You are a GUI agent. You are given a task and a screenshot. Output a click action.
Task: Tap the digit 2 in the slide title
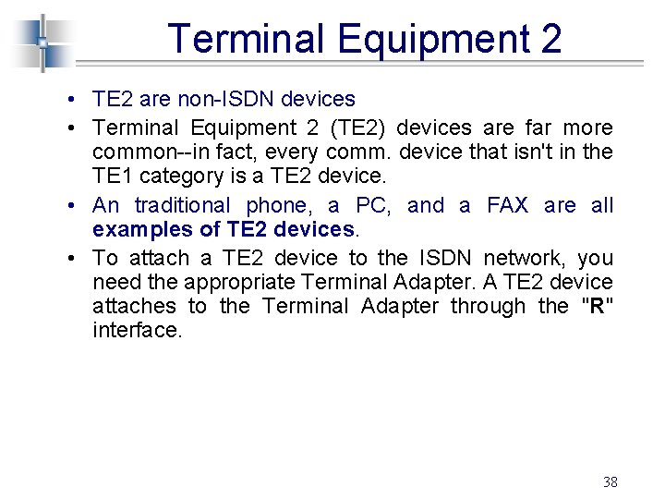[x=551, y=40]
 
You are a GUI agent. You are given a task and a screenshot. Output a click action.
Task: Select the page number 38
[x=610, y=481]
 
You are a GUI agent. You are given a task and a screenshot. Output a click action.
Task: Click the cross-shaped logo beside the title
[x=42, y=43]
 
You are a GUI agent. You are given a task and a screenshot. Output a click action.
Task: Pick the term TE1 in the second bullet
[x=114, y=176]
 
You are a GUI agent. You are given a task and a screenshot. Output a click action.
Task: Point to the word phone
[x=280, y=205]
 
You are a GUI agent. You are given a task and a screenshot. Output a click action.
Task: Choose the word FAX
[x=507, y=205]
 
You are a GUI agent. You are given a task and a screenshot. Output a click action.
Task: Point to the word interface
[x=138, y=330]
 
